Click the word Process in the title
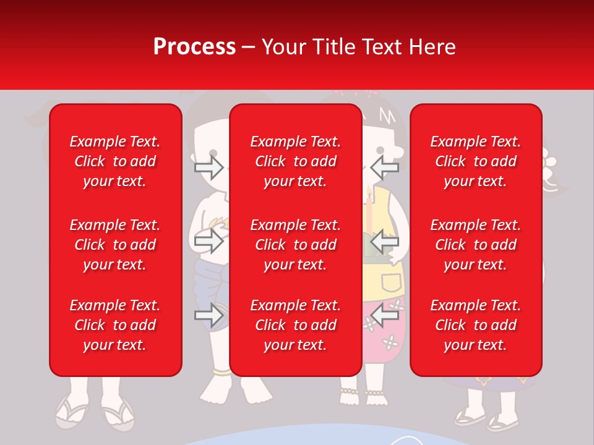194,47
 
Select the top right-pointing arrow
209,167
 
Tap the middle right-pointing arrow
209,241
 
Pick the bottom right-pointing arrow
209,315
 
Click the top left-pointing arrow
385,167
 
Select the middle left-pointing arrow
385,241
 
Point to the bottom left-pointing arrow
385,315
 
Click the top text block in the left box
115,161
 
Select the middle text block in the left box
115,245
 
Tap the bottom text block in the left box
115,325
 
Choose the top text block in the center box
295,161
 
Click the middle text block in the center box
295,245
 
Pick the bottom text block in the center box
295,325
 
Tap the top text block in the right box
475,161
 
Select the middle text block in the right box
475,245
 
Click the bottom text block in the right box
475,325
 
